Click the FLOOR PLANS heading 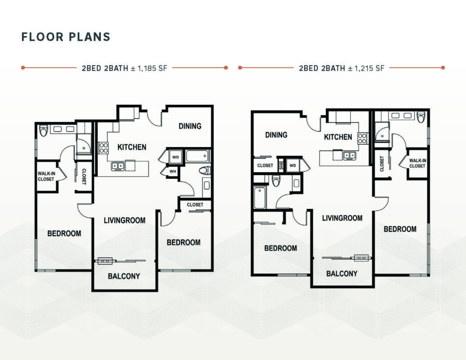[66, 37]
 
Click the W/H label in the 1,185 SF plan [172, 172]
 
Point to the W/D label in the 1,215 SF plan [293, 166]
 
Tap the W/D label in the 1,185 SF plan [176, 157]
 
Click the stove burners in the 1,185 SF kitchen [103, 148]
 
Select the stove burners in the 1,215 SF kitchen [362, 138]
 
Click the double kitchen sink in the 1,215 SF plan [349, 155]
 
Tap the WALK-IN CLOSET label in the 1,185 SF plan [46, 176]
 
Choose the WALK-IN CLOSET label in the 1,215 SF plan [418, 163]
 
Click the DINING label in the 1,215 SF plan [276, 135]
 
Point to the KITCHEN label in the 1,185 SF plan [132, 147]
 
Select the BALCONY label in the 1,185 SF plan [124, 276]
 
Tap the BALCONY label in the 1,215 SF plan [342, 274]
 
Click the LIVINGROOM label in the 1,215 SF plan [342, 218]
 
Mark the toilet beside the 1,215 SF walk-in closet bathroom [421, 117]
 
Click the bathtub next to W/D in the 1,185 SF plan [198, 156]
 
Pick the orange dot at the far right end [443, 68]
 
